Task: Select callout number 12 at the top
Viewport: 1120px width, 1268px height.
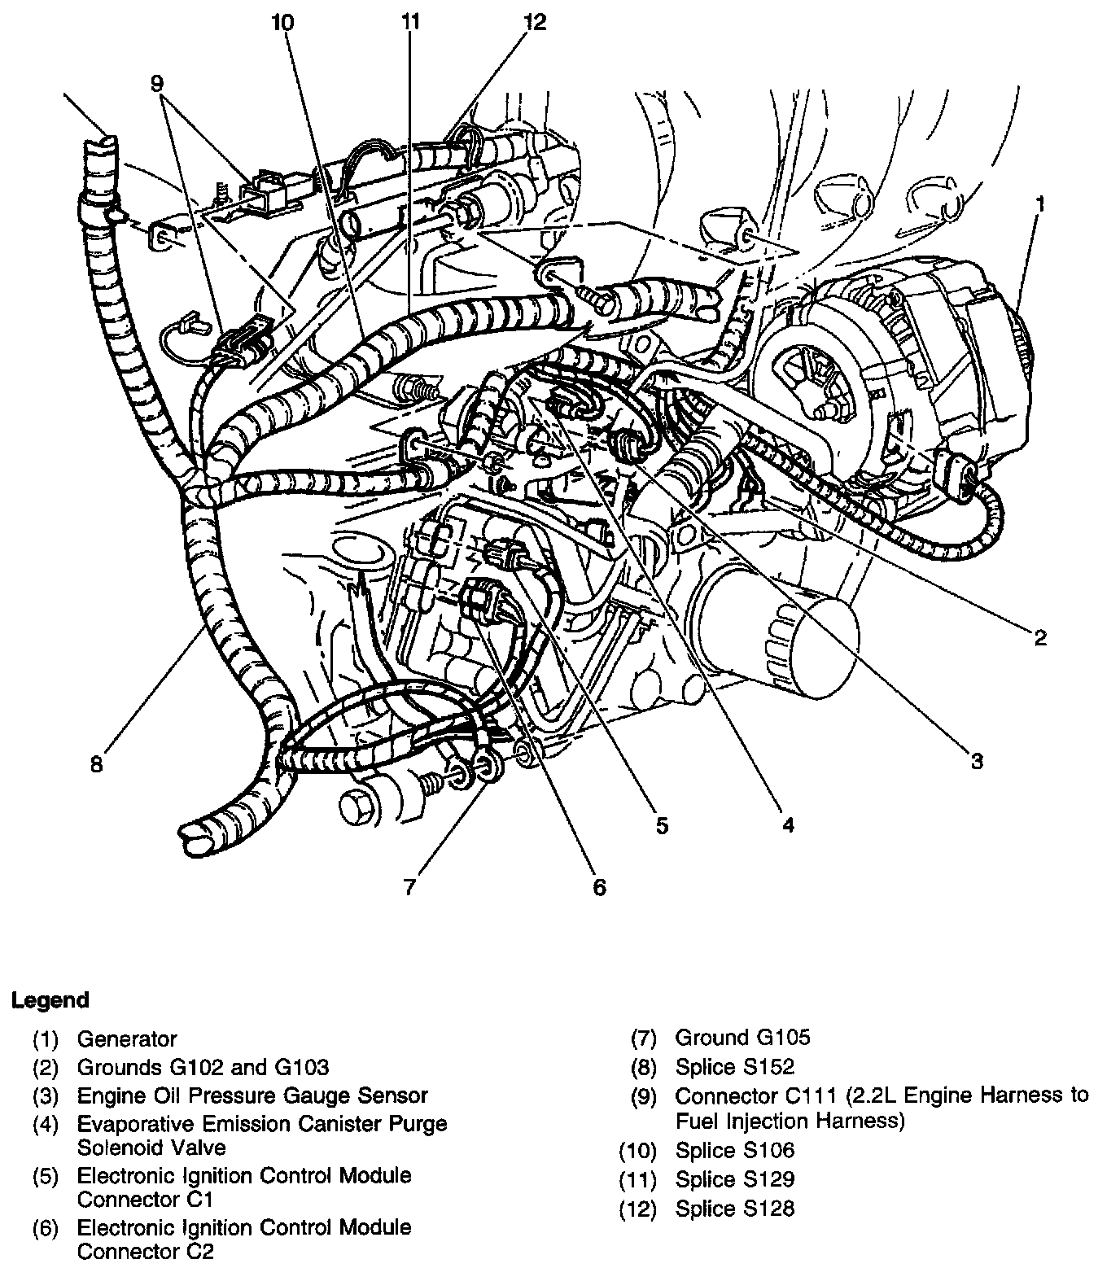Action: (x=536, y=22)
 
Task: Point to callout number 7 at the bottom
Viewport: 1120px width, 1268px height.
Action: (x=409, y=885)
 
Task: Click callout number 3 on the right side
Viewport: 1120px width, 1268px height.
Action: (x=977, y=761)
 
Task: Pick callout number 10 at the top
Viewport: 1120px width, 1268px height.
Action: (x=282, y=22)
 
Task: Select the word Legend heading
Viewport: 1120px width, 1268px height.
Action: (x=50, y=999)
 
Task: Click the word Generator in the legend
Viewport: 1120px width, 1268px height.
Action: (x=126, y=1038)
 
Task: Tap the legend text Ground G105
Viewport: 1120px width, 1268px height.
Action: (x=742, y=1037)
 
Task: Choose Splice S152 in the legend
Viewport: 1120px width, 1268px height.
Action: (x=734, y=1066)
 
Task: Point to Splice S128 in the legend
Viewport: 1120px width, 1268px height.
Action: (x=734, y=1209)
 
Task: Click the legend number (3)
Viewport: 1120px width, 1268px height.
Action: (x=46, y=1095)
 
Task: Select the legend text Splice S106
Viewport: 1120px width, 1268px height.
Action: (x=734, y=1150)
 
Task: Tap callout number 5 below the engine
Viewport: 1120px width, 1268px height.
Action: (x=662, y=826)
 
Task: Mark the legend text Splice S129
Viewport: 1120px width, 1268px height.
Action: (x=734, y=1179)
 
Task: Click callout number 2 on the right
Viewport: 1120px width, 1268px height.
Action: (x=1039, y=637)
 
